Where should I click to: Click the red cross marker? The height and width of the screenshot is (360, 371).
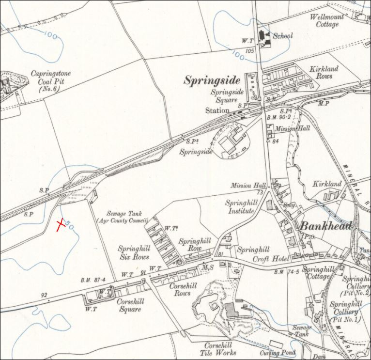pyautogui.click(x=61, y=224)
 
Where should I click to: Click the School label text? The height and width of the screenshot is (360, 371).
pyautogui.click(x=283, y=36)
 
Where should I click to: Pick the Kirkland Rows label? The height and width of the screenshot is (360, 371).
pyautogui.click(x=324, y=73)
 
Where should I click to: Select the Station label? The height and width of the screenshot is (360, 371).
pyautogui.click(x=217, y=110)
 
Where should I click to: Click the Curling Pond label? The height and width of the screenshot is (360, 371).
pyautogui.click(x=277, y=353)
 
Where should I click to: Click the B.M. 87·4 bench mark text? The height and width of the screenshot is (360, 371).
pyautogui.click(x=91, y=281)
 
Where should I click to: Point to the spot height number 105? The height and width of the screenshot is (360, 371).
pyautogui.click(x=250, y=51)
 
